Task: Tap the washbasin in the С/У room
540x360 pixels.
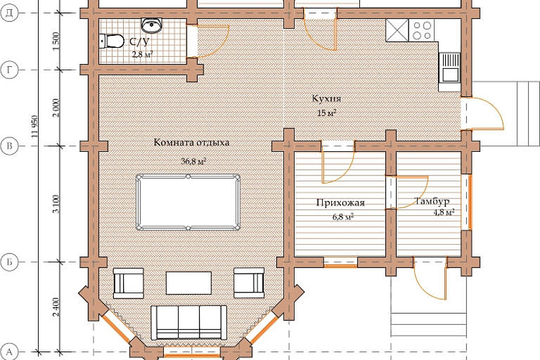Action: tap(152, 26)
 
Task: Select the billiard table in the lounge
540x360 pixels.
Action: tap(188, 202)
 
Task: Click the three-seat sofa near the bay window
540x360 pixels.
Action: tap(189, 323)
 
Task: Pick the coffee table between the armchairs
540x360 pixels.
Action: tap(189, 283)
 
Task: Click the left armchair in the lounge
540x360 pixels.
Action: tap(128, 283)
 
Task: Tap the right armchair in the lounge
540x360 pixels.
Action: tap(249, 283)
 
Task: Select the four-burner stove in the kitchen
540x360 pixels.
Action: tap(422, 30)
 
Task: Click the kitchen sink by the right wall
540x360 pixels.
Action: tap(450, 67)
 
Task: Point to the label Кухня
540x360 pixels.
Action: tap(327, 99)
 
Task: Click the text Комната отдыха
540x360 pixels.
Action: tap(191, 142)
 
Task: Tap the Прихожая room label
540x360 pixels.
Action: tap(340, 202)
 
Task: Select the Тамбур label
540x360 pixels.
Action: tap(433, 201)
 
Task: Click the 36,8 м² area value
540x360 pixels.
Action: tap(194, 161)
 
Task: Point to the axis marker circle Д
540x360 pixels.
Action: tap(9, 13)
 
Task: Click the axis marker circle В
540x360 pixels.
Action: tap(9, 146)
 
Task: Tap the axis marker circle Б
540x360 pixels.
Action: tap(9, 262)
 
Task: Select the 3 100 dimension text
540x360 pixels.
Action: tap(56, 204)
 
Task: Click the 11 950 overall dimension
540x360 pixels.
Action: tap(35, 126)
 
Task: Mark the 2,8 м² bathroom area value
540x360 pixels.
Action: tap(143, 54)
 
